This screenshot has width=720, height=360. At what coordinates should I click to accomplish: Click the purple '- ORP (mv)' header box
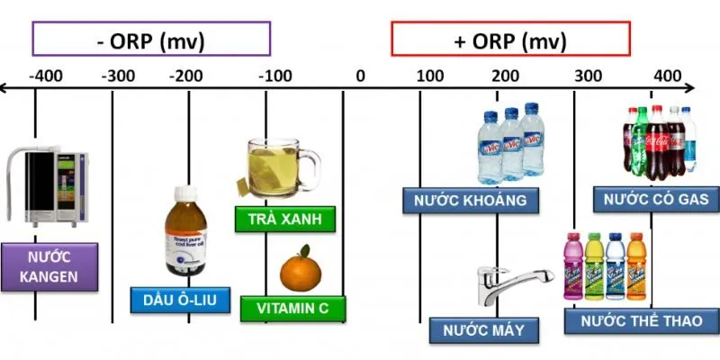click(x=151, y=40)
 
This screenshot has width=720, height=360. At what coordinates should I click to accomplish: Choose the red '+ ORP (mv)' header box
click(x=510, y=40)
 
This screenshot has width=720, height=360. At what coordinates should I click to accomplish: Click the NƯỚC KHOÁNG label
click(x=471, y=200)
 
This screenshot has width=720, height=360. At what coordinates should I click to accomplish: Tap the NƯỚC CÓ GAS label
click(x=656, y=199)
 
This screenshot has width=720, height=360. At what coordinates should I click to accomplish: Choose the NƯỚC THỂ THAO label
click(x=643, y=320)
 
